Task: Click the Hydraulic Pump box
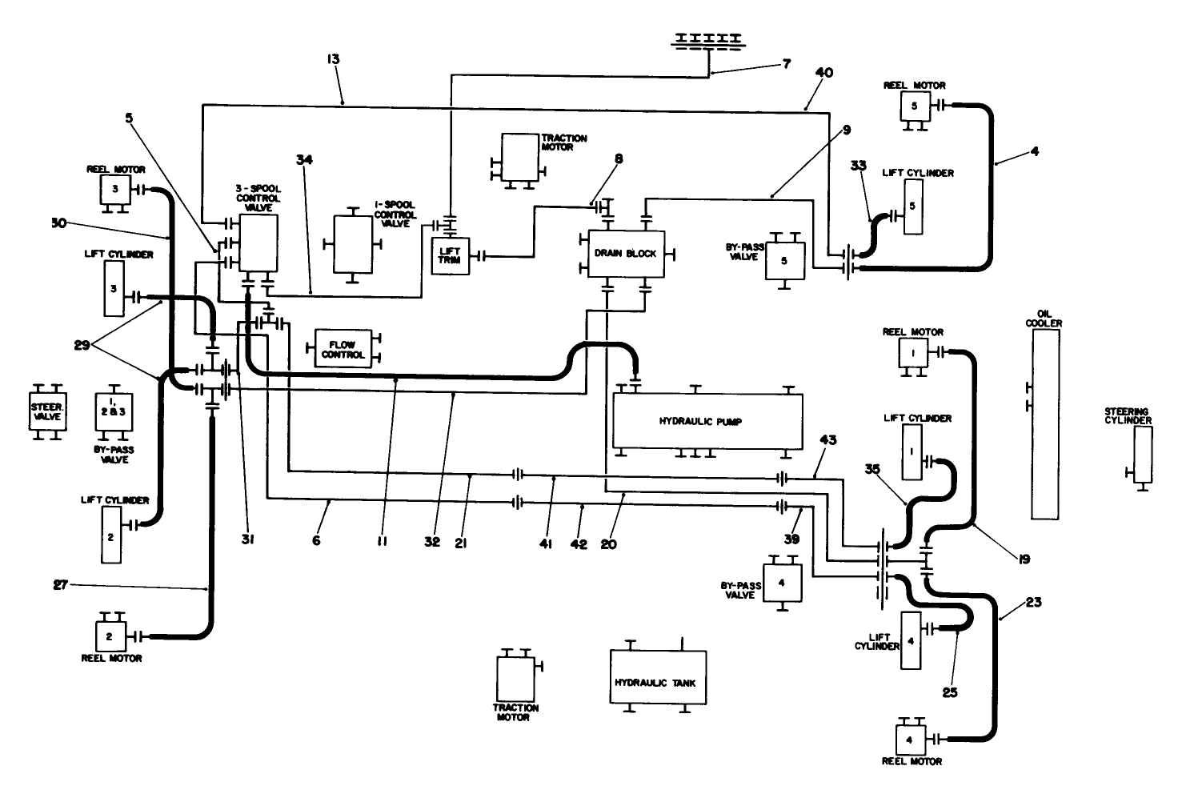(707, 421)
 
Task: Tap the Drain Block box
(625, 254)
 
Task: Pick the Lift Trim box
(449, 256)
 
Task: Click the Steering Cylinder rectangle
(1142, 455)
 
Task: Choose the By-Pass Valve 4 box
(781, 582)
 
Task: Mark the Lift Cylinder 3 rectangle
(114, 288)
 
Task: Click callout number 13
(333, 59)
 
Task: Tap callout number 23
(1033, 603)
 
